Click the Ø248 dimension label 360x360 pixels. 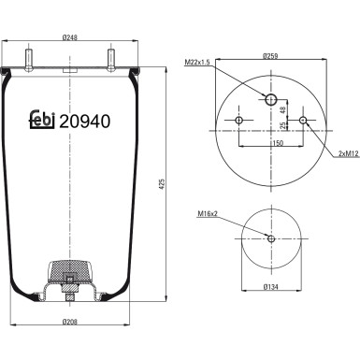(x=71, y=38)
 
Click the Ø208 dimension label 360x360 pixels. (x=71, y=322)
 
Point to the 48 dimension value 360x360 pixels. (x=283, y=109)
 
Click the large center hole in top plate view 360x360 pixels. (x=271, y=99)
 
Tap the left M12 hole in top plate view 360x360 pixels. (x=239, y=122)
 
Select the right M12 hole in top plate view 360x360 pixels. (x=303, y=122)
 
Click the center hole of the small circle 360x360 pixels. (x=271, y=238)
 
